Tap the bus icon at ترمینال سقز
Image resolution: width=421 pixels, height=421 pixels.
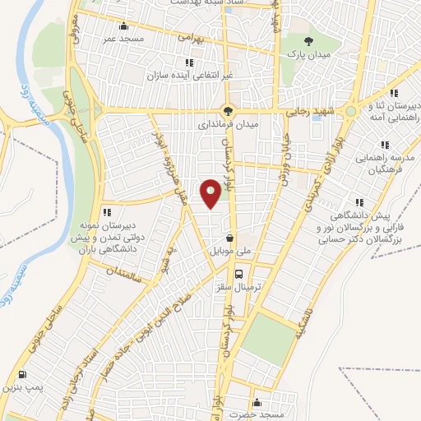coord(238,274)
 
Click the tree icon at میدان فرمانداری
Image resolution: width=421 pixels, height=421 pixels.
coord(229,110)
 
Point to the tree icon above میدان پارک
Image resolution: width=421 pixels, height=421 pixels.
coord(308,40)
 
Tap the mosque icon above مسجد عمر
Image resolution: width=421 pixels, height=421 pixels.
coord(123,25)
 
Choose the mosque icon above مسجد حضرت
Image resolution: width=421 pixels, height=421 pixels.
coord(257,403)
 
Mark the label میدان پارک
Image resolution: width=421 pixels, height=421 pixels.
coord(308,54)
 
